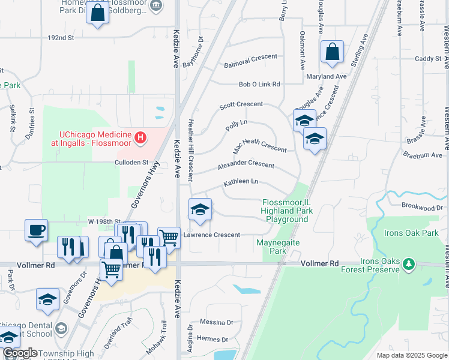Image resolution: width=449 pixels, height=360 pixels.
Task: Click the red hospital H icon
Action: (140, 139)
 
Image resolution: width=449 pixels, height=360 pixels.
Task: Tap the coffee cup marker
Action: (36, 230)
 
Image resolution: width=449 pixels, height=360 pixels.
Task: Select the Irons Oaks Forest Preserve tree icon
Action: (409, 263)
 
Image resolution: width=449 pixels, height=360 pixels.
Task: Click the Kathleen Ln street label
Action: (241, 181)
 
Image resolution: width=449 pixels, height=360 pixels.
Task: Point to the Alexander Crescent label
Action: (246, 165)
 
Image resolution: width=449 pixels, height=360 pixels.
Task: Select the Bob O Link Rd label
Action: (259, 85)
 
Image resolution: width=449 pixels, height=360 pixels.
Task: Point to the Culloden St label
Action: (131, 162)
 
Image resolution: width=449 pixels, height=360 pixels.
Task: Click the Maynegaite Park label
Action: (277, 247)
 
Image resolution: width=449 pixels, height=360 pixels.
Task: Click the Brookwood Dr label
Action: (422, 207)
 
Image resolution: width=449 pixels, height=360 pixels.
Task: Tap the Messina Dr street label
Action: (216, 322)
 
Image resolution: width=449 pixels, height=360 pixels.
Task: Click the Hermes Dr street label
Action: (216, 339)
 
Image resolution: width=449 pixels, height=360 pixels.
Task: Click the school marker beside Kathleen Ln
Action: (200, 209)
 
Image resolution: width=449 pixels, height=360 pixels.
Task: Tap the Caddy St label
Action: (428, 59)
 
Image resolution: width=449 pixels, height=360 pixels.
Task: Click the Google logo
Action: (19, 353)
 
